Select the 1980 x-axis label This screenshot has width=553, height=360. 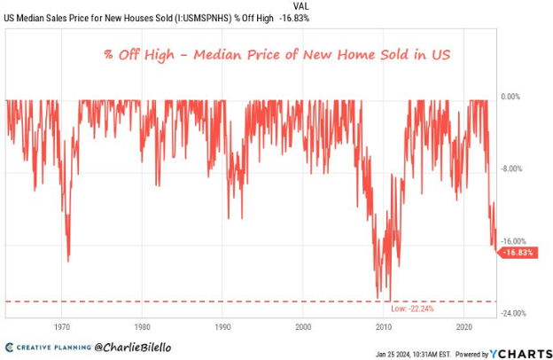click(x=144, y=327)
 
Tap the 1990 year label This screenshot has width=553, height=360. click(x=223, y=327)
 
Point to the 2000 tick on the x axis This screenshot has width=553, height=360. click(x=304, y=327)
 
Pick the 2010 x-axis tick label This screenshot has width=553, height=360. click(x=384, y=327)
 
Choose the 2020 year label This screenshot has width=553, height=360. click(x=464, y=327)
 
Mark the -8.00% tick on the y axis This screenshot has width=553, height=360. click(x=514, y=168)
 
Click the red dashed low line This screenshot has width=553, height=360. click(x=222, y=301)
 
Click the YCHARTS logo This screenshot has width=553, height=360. click(x=523, y=353)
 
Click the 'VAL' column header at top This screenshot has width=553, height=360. click(x=302, y=5)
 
